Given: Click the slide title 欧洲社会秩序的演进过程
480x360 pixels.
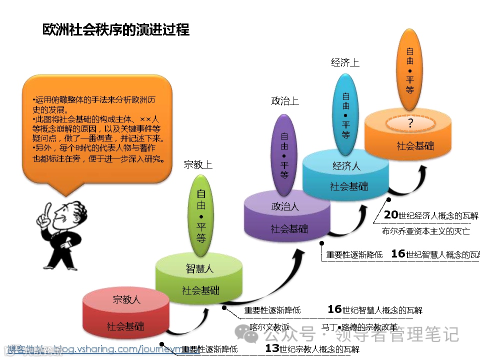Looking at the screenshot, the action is pos(116,29).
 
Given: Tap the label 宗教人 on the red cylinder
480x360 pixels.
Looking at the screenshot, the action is pos(126,300).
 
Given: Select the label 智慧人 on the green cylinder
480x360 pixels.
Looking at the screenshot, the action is pos(199,268).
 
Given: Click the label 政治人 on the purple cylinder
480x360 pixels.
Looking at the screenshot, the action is pos(285,206).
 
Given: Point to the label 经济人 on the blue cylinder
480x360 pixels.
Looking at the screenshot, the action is pos(346,166).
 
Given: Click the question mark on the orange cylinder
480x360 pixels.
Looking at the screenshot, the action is pos(410,123).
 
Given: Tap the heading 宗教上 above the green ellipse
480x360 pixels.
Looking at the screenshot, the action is pos(198,164).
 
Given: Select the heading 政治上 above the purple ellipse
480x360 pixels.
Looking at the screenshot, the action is pos(284,101).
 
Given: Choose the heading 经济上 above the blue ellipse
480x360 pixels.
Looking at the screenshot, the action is pos(345,62).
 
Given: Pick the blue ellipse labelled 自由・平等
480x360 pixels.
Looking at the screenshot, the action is pos(346,114).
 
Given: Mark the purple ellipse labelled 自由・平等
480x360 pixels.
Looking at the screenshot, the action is pos(284,154).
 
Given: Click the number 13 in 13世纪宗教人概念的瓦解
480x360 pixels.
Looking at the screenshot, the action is pos(271,348).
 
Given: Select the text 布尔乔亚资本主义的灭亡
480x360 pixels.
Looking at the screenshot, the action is pos(425,231).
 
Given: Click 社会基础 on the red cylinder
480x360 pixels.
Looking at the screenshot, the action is pos(125,326).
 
